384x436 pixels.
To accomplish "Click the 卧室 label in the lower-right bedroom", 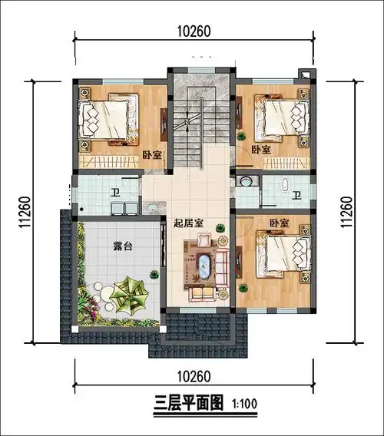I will click(x=279, y=223).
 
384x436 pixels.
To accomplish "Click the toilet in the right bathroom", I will click(x=283, y=184).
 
